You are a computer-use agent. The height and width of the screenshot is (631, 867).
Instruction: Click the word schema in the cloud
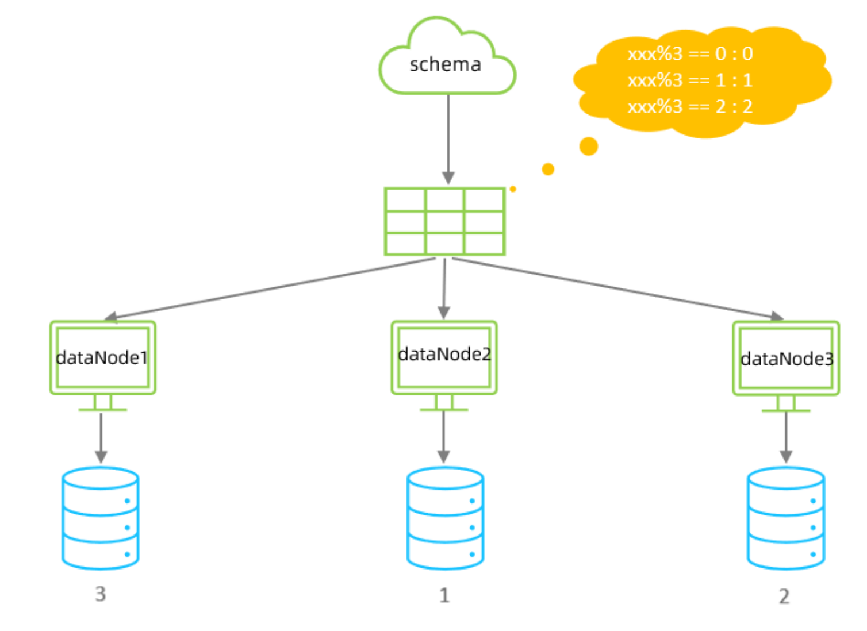[446, 64]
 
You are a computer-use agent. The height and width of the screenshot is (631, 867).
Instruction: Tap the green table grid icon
[445, 221]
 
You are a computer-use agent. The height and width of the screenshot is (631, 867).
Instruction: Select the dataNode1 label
[102, 358]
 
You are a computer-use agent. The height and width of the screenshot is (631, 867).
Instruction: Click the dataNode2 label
[445, 354]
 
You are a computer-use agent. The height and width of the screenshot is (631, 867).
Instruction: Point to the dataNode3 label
[787, 359]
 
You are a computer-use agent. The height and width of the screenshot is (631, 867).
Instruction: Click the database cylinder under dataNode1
[100, 519]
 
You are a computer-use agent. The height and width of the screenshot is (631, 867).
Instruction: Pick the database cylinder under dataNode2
[445, 519]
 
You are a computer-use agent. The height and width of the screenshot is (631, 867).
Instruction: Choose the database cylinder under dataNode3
[786, 519]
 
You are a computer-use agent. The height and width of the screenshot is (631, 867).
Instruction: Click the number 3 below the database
[101, 594]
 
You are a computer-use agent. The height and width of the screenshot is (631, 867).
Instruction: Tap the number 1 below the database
[445, 595]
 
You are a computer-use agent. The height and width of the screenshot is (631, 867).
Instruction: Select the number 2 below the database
[784, 596]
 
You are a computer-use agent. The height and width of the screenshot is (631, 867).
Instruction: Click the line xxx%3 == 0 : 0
[690, 54]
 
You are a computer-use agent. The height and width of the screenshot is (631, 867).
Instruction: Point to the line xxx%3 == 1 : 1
[690, 80]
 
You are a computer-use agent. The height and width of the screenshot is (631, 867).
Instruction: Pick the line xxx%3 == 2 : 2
[690, 107]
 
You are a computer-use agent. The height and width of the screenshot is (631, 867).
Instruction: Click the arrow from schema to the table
[448, 139]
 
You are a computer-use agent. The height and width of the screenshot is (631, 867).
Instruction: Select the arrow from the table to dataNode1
[270, 289]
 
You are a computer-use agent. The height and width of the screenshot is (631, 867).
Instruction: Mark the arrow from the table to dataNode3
[617, 288]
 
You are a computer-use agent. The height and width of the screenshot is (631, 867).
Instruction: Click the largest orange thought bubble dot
[589, 146]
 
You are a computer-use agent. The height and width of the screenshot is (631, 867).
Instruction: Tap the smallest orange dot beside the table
[513, 189]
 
